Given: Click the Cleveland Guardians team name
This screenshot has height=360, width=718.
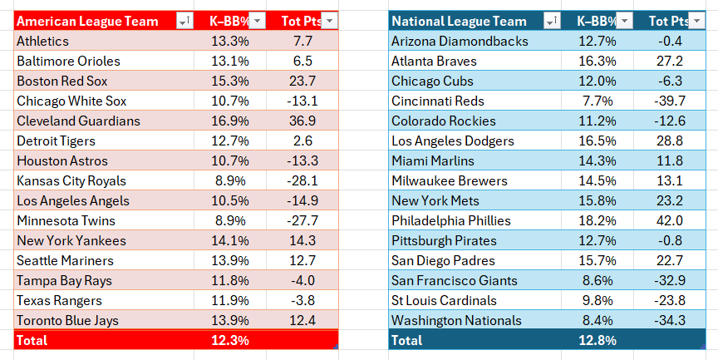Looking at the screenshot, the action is coord(78,121).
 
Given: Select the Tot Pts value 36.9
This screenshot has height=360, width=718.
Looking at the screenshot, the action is coord(302,121).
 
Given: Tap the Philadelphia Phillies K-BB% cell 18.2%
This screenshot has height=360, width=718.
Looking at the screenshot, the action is coord(597,221).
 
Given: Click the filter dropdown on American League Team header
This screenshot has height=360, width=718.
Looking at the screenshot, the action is coord(185,21).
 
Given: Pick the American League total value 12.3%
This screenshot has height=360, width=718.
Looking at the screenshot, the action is coord(230,340).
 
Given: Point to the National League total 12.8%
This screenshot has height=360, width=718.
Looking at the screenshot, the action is coord(597,340).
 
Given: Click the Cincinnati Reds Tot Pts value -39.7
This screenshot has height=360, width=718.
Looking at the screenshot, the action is coord(670,101).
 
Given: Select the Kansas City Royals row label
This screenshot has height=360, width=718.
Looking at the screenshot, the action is coord(71,181).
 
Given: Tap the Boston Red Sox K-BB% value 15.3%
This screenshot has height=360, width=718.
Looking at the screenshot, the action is coord(230,81).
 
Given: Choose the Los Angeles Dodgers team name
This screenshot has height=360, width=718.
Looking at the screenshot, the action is coord(453,141).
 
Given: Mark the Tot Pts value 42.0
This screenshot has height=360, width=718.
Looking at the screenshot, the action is coord(670,221).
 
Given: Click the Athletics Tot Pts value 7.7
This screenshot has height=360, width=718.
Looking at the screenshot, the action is coord(302,42).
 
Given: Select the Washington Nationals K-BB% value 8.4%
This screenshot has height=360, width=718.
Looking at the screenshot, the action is coord(597,320).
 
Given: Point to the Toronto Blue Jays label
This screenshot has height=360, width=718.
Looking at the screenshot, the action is coord(68,321).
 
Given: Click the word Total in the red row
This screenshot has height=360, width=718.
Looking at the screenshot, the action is coord(32,340).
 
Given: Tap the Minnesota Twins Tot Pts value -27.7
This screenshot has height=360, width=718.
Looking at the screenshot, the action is coord(302,221).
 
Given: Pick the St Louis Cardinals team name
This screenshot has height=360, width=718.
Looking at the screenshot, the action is coord(444,300).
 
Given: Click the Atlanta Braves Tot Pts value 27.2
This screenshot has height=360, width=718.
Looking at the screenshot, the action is coord(670,61).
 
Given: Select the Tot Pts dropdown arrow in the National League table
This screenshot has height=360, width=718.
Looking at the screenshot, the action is coord(697,21).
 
